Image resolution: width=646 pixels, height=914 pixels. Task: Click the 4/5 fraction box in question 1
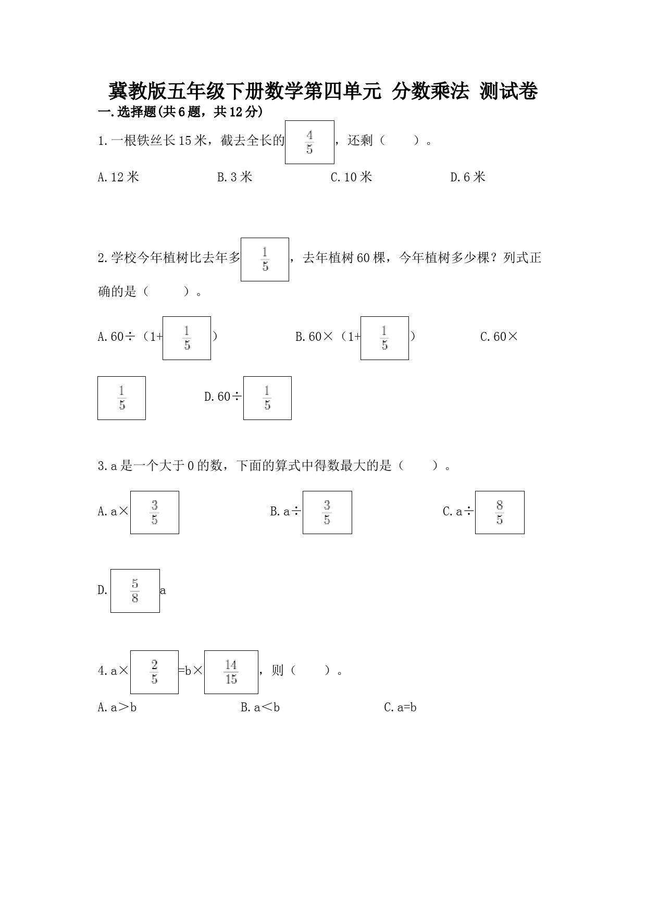(x=309, y=142)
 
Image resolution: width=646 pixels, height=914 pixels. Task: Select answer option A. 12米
(x=118, y=177)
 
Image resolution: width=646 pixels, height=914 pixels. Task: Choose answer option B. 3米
(x=234, y=177)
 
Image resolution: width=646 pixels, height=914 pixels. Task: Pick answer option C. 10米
(x=351, y=177)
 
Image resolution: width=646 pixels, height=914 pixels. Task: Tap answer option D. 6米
(x=467, y=177)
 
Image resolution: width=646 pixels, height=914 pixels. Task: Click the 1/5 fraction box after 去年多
(x=265, y=260)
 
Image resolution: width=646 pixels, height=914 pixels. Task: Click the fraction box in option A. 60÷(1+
(x=187, y=338)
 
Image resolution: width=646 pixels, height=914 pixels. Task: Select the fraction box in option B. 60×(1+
(x=384, y=338)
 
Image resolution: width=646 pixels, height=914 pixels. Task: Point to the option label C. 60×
(x=499, y=337)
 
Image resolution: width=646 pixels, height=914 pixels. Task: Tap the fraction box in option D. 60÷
(x=267, y=398)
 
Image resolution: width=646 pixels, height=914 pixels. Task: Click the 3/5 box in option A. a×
(x=155, y=512)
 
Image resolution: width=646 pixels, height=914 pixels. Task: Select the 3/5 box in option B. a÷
(x=327, y=512)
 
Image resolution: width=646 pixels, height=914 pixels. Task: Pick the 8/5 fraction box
(x=500, y=512)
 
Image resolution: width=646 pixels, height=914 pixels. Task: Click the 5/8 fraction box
(x=135, y=591)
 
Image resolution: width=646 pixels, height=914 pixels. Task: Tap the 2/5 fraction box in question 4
(x=154, y=672)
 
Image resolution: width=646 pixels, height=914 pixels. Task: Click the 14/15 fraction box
(x=231, y=672)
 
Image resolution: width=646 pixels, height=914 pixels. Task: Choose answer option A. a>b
(x=117, y=707)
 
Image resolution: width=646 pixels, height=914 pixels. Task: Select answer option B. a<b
(x=260, y=707)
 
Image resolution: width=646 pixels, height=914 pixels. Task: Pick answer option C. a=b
(x=400, y=707)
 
